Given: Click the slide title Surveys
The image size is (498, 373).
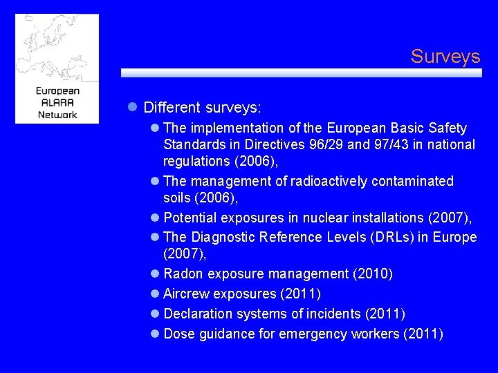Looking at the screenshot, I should (x=445, y=57).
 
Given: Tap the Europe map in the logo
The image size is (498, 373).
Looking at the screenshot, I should (x=57, y=48).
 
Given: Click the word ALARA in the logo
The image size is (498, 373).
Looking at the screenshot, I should (x=57, y=102).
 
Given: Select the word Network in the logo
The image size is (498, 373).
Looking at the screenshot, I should (x=57, y=114).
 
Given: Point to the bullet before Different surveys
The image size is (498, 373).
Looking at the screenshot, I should (x=133, y=108).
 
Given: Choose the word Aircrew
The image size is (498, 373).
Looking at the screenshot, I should (x=185, y=294).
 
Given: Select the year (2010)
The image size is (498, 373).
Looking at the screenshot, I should (x=373, y=275).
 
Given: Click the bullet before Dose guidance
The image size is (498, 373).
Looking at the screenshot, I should (x=155, y=334).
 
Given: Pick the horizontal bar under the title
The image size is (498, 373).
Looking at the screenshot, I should (x=301, y=73).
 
